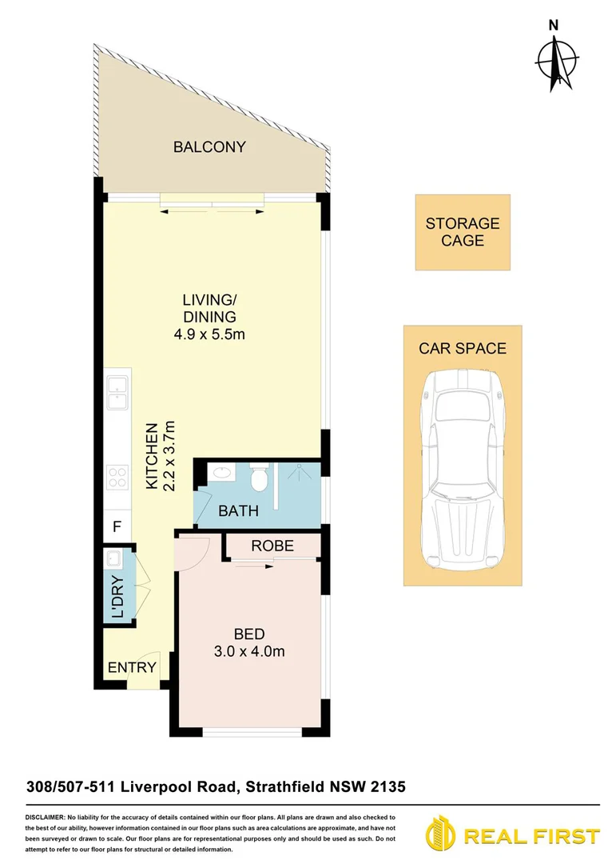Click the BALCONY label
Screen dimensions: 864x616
click(209, 147)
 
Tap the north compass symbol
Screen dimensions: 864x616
click(555, 59)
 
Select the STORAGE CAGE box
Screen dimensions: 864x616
click(462, 232)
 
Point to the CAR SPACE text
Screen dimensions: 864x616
click(463, 349)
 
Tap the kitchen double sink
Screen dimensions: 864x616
click(117, 387)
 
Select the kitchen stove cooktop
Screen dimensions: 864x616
click(117, 477)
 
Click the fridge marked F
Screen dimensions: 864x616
click(117, 527)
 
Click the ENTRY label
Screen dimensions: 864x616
click(131, 667)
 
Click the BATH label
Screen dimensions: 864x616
click(238, 510)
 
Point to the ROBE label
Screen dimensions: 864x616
click(272, 546)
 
